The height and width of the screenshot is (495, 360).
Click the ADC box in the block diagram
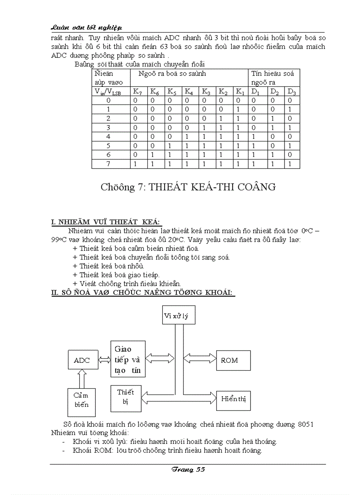tap(82, 360)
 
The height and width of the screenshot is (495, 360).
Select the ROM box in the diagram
tap(233, 360)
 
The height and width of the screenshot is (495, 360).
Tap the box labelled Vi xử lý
tap(179, 315)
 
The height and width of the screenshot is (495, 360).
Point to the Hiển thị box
tap(233, 399)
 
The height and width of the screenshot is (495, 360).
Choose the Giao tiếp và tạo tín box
tap(127, 359)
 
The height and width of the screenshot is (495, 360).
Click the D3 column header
tap(292, 92)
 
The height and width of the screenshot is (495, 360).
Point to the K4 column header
tap(189, 92)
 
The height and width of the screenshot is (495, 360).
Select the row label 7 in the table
tap(109, 164)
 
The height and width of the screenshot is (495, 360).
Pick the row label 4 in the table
tap(109, 137)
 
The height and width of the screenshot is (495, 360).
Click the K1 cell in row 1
tap(240, 110)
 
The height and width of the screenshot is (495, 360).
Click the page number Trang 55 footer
tap(188, 470)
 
